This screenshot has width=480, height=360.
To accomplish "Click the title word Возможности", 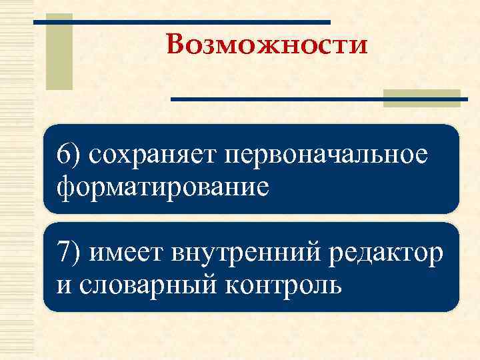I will click(267, 46).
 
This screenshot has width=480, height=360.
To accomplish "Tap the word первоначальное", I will click(327, 155).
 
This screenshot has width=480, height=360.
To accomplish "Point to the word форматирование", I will click(164, 186).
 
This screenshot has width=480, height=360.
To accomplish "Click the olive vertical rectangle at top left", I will click(59, 51).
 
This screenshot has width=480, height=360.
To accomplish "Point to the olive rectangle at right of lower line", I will click(422, 98).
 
